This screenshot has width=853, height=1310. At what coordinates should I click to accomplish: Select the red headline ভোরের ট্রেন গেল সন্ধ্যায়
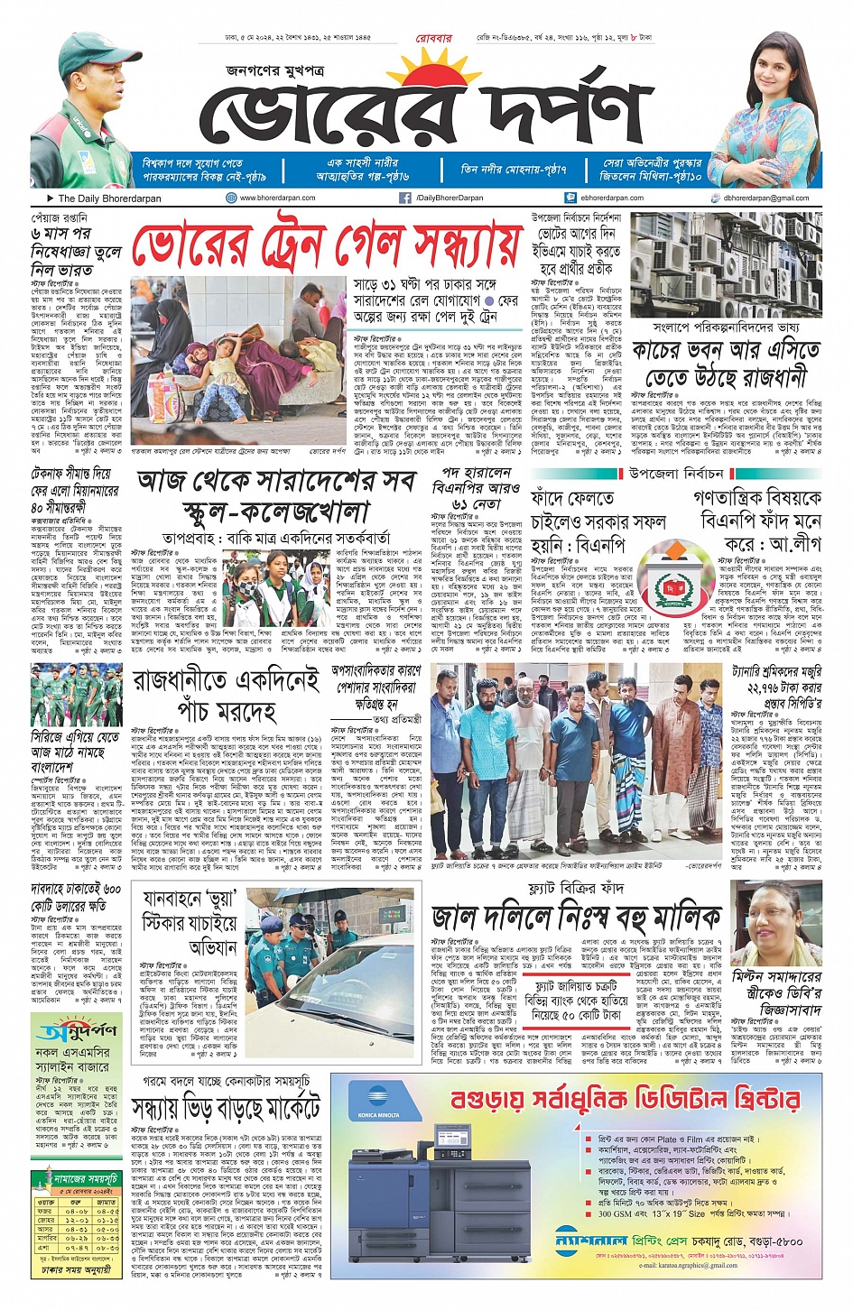[327, 245]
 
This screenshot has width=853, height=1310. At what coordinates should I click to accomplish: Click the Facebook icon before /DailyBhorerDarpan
[405, 198]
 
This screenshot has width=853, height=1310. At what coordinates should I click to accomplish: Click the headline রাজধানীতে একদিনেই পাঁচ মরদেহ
[227, 694]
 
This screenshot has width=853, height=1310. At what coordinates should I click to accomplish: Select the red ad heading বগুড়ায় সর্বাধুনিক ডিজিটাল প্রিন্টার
[625, 1100]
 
